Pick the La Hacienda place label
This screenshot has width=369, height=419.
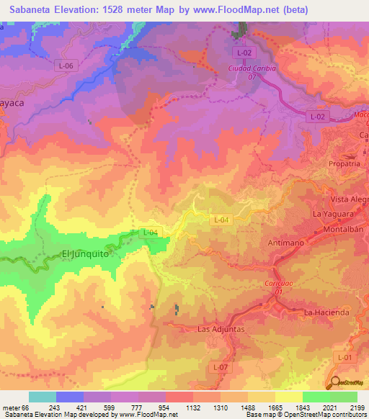point(326,312)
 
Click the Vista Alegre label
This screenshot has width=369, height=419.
point(349,199)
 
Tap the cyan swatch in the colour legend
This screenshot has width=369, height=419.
point(43,397)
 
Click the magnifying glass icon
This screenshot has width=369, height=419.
point(334,382)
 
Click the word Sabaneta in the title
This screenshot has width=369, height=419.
point(30,9)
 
